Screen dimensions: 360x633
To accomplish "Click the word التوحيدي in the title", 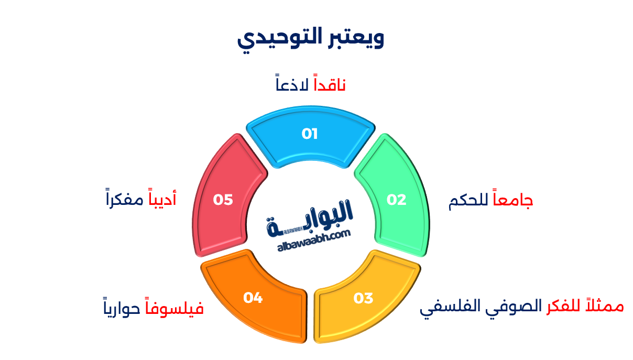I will (x=274, y=38).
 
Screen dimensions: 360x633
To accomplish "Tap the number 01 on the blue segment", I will (x=310, y=134).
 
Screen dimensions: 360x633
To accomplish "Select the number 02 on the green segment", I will (x=397, y=200).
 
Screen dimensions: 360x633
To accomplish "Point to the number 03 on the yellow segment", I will (x=363, y=298).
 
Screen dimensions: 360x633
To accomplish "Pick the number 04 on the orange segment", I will (x=253, y=298).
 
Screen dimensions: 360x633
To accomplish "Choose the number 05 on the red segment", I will (x=223, y=200).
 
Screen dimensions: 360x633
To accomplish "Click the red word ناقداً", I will (x=330, y=84).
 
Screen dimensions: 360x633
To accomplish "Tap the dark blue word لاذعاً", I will (x=292, y=84).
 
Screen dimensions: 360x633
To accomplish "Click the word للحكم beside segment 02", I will (x=469, y=202).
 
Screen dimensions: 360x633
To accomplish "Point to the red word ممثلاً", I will (x=606, y=306).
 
